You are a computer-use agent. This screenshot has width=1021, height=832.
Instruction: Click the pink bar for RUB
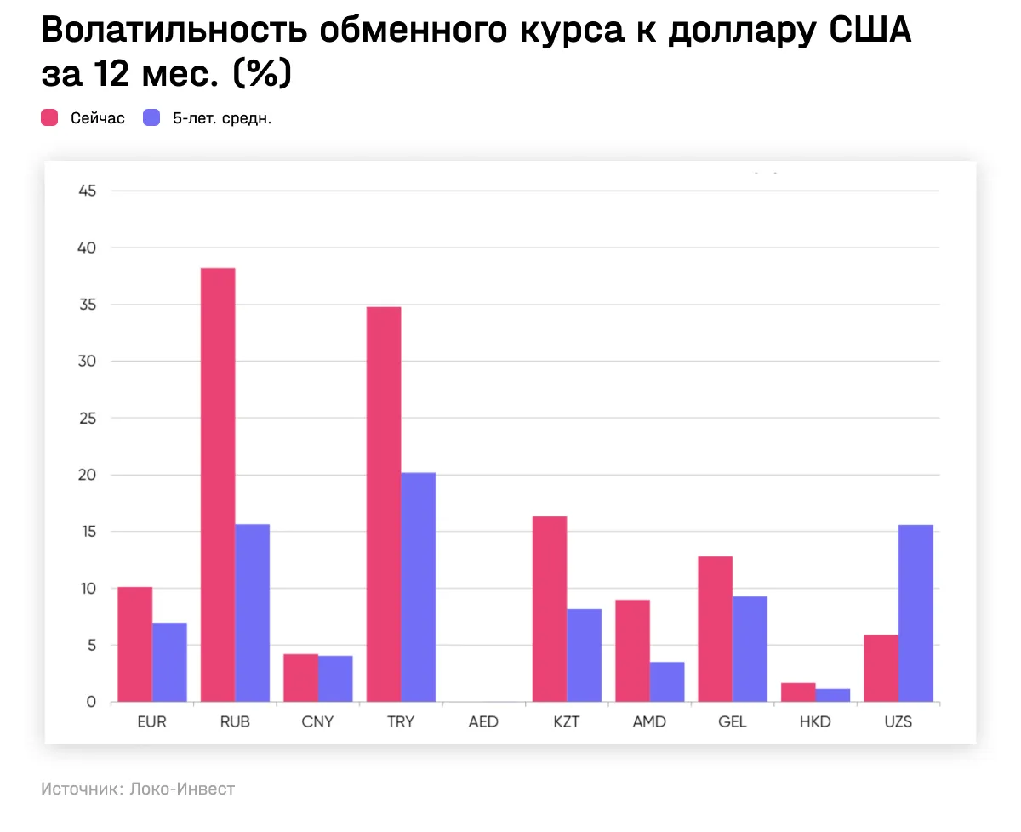218,485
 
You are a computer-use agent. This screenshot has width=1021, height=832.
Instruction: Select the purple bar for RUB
253,613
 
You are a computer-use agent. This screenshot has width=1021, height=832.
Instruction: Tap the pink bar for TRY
384,504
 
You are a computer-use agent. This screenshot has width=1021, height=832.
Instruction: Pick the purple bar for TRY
419,587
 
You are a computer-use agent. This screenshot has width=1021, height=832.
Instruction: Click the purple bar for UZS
916,613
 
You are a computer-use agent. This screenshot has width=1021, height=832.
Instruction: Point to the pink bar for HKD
798,692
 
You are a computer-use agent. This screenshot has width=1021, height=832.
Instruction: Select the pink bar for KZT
550,609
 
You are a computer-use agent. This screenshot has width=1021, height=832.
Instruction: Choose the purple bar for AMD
667,681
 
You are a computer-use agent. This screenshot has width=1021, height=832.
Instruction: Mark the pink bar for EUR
135,644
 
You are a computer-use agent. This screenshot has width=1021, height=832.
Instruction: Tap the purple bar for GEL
750,649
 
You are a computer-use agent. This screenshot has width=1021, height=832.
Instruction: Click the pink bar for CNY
301,678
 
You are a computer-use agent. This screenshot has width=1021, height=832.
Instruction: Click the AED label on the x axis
483,722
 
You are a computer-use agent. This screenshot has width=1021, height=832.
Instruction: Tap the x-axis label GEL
733,722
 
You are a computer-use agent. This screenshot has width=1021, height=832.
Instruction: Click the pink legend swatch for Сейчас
50,118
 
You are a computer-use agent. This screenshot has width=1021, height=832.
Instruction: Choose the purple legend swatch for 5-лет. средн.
151,118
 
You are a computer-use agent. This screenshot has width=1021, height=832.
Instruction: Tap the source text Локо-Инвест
182,789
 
